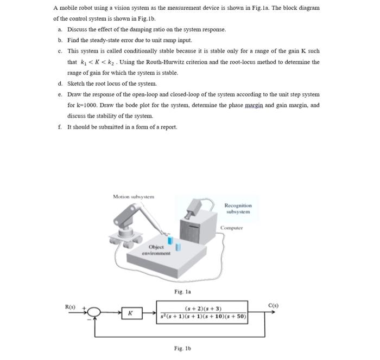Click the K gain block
pyautogui.click(x=130, y=313)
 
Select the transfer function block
pyautogui.click(x=203, y=312)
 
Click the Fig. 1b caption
pyautogui.click(x=181, y=348)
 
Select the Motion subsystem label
pyautogui.click(x=134, y=196)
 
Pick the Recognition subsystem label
pyautogui.click(x=238, y=209)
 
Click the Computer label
pyautogui.click(x=232, y=228)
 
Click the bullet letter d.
pyautogui.click(x=60, y=83)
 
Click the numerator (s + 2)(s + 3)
pyautogui.click(x=203, y=308)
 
